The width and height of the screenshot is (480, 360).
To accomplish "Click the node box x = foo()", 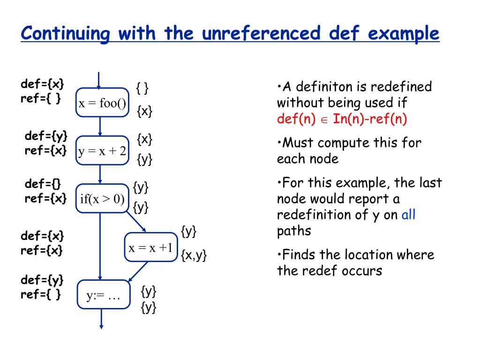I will pyautogui.click(x=102, y=103).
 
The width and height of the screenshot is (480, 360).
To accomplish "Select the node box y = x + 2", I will pyautogui.click(x=102, y=150).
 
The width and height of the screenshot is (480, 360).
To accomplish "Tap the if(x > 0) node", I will pyautogui.click(x=102, y=199).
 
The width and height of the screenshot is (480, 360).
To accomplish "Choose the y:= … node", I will pyautogui.click(x=103, y=295).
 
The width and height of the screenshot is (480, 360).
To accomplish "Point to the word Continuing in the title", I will pyautogui.click(x=65, y=34).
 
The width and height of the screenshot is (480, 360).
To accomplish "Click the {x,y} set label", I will pyautogui.click(x=194, y=255).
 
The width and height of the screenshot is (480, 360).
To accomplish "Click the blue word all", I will pyautogui.click(x=408, y=215).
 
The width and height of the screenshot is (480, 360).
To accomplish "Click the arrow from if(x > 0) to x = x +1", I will pyautogui.click(x=136, y=222).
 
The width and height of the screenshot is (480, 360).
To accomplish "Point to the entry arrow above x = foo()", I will pyautogui.click(x=99, y=80).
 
